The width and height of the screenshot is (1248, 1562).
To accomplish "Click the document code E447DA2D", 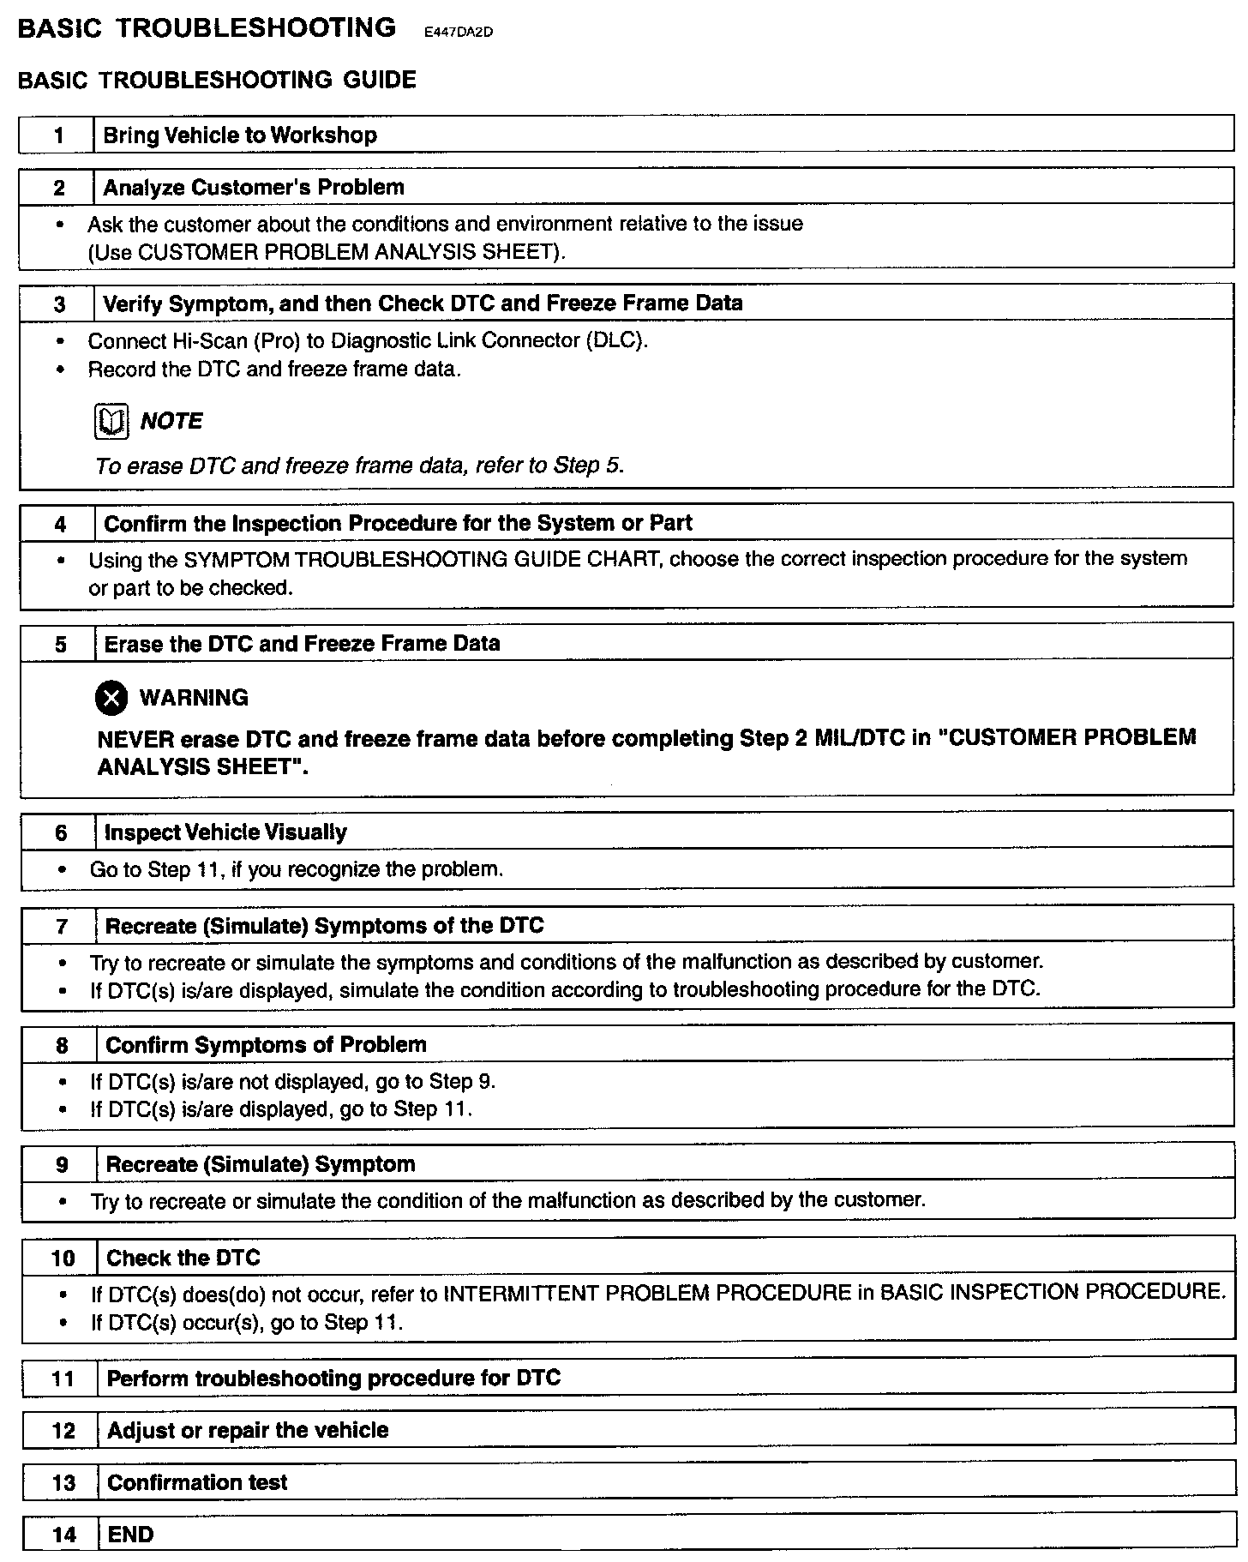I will click(x=459, y=33).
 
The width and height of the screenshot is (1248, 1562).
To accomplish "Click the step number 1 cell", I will click(x=57, y=135).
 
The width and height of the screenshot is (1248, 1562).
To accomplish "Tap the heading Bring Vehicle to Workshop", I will click(x=240, y=135).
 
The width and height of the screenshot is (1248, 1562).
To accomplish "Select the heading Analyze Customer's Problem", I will click(x=254, y=188).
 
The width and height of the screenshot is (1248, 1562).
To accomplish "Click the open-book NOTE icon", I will click(x=111, y=421).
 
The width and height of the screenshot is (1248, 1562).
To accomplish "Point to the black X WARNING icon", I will click(x=111, y=699).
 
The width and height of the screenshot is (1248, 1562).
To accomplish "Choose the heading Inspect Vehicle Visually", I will click(x=225, y=832).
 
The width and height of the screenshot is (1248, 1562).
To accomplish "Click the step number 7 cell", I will click(x=61, y=927).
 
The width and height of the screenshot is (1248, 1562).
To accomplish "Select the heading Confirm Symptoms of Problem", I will click(x=266, y=1045).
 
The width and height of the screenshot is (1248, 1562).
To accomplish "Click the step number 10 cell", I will click(x=63, y=1259).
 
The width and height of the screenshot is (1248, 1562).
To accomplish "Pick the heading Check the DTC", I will click(x=183, y=1258).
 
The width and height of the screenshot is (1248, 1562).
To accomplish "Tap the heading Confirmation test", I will click(x=198, y=1482).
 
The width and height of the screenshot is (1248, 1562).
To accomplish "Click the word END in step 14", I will click(x=130, y=1535).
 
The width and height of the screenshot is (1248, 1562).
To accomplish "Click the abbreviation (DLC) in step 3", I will click(x=617, y=340).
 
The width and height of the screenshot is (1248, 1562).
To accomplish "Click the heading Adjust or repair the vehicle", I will click(x=248, y=1430).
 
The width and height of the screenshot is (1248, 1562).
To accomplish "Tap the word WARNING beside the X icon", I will click(x=194, y=698).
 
